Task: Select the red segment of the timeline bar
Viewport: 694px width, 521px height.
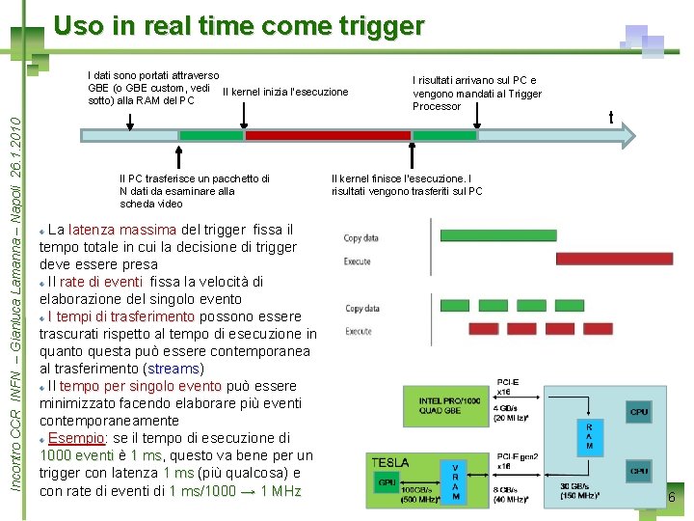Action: [328, 136]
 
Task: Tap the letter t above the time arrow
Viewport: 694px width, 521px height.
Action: [611, 117]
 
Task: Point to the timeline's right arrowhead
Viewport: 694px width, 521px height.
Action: [626, 136]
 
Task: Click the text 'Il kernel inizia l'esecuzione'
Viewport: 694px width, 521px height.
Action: [285, 93]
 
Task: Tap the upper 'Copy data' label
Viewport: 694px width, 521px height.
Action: [361, 238]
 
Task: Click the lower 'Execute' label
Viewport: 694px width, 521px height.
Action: [359, 331]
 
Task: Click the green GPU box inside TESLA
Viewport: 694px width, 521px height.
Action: [387, 482]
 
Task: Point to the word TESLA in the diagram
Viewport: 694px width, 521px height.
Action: [390, 464]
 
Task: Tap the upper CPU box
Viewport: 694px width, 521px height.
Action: [639, 412]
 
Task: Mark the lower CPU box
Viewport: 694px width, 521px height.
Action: [639, 472]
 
